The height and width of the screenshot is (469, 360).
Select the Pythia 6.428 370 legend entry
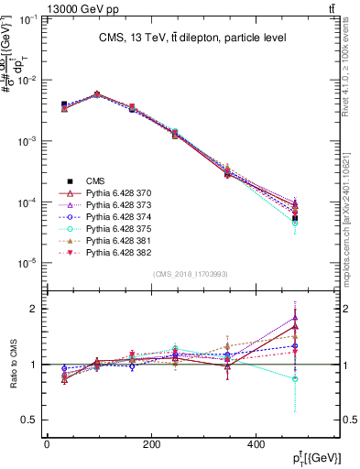[115, 193]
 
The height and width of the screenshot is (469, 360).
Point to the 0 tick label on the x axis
[47, 444]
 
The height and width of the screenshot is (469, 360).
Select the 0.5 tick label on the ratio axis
[31, 420]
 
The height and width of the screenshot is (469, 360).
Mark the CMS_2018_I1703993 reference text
[191, 274]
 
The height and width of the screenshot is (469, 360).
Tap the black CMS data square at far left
[63, 104]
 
